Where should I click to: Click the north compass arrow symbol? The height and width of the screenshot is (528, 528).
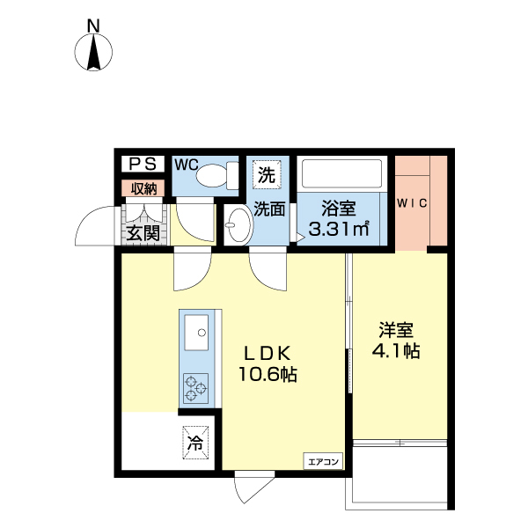pyautogui.click(x=94, y=55)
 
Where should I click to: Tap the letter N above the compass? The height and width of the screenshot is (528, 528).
pyautogui.click(x=94, y=26)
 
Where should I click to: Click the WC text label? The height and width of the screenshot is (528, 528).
pyautogui.click(x=186, y=165)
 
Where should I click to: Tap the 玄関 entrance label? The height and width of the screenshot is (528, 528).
pyautogui.click(x=141, y=233)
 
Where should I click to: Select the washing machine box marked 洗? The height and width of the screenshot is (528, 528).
pyautogui.click(x=266, y=174)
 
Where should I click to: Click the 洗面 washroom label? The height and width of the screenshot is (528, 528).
pyautogui.click(x=269, y=209)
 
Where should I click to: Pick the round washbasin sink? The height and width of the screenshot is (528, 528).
pyautogui.click(x=237, y=227)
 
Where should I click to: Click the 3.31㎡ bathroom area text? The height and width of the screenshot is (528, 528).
pyautogui.click(x=338, y=231)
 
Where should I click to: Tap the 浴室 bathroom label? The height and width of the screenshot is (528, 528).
pyautogui.click(x=339, y=209)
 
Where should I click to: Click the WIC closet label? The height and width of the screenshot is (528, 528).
pyautogui.click(x=412, y=203)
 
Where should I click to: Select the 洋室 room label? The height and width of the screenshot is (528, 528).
pyautogui.click(x=396, y=331)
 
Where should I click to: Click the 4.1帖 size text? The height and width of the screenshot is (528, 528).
pyautogui.click(x=396, y=351)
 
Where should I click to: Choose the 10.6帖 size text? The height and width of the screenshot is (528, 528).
pyautogui.click(x=267, y=375)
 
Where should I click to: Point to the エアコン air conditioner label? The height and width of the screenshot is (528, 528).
pyautogui.click(x=322, y=459)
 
